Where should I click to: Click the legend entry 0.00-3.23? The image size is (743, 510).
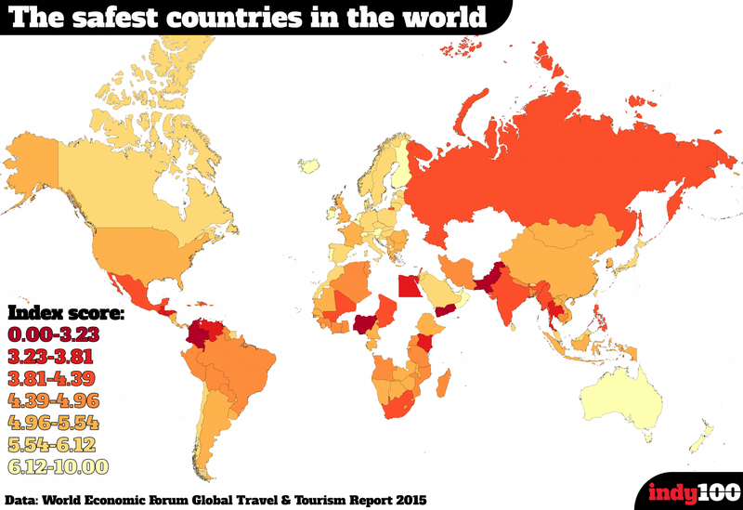pyautogui.click(x=53, y=333)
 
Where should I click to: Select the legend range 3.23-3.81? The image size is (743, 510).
pyautogui.click(x=53, y=355)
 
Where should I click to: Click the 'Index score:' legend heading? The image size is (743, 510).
pyautogui.click(x=65, y=310)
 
